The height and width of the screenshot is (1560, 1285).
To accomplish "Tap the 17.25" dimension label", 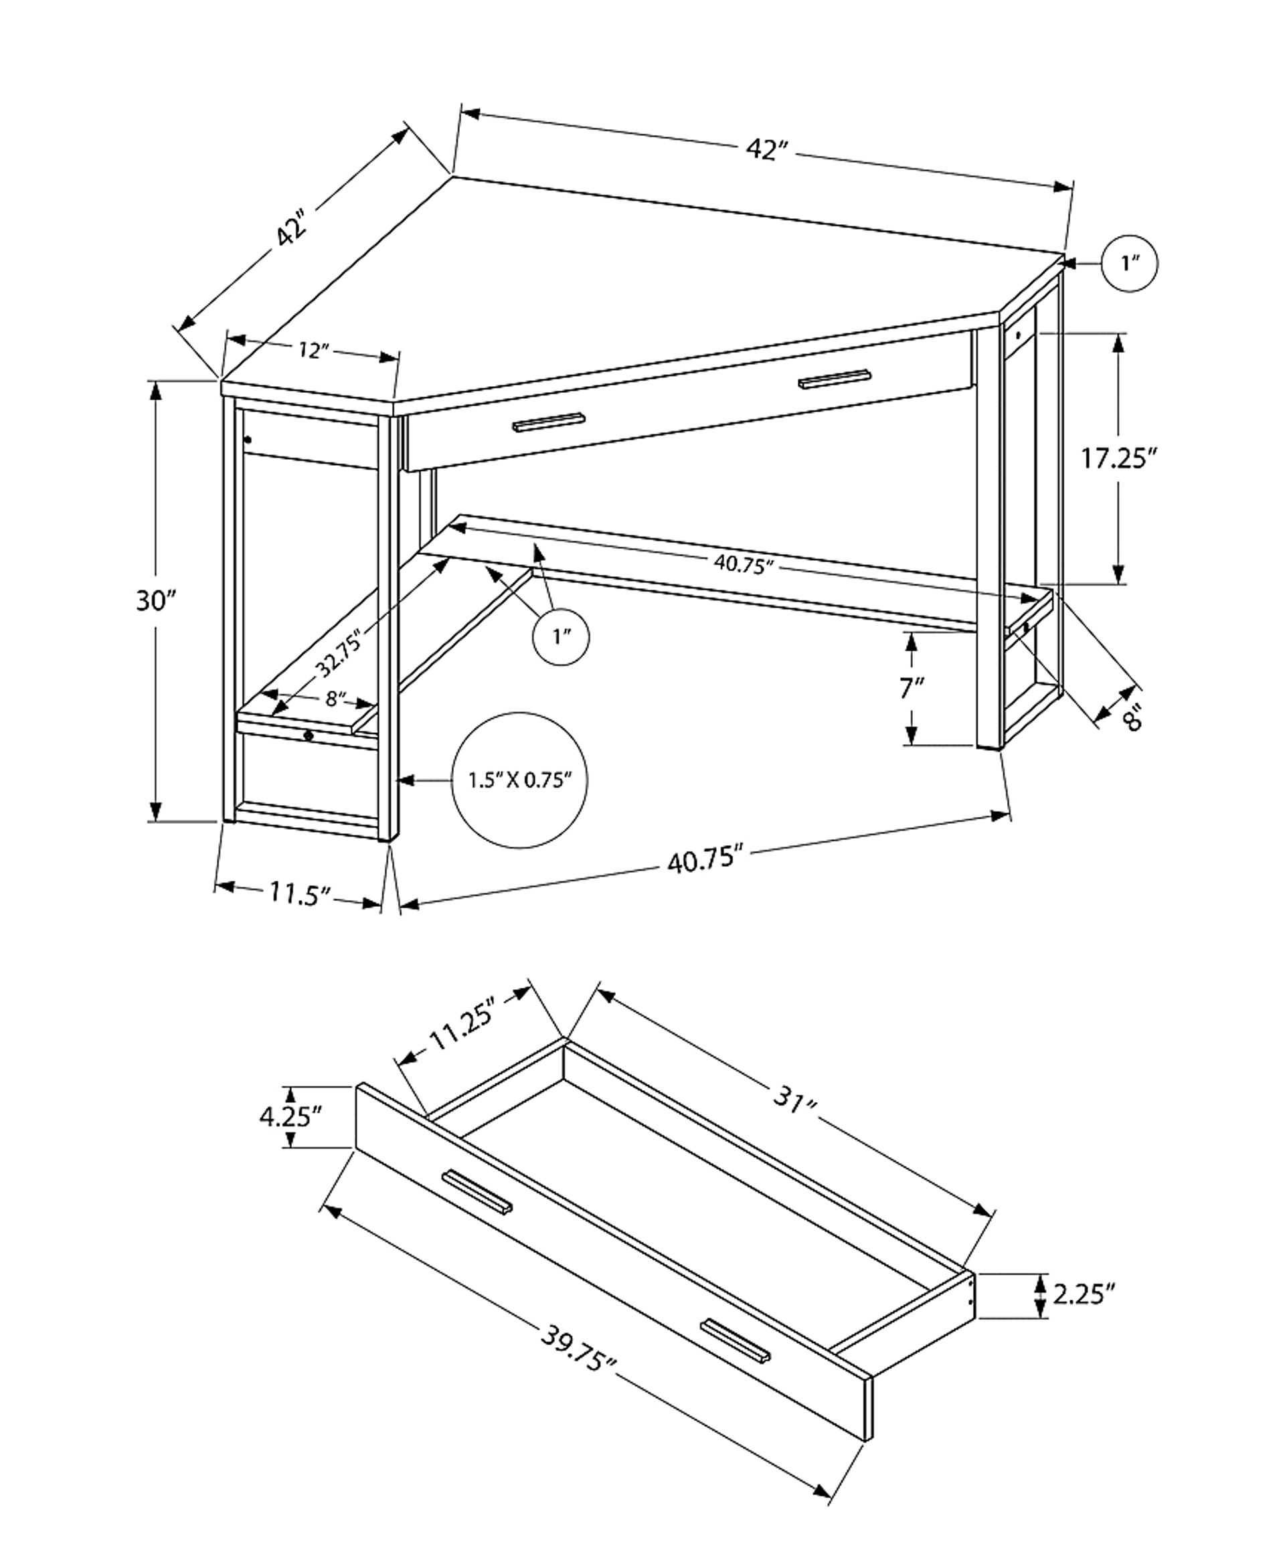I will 1118,459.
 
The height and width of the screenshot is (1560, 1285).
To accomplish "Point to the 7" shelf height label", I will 912,688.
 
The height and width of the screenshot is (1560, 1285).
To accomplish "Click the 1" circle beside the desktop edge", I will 1129,264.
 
